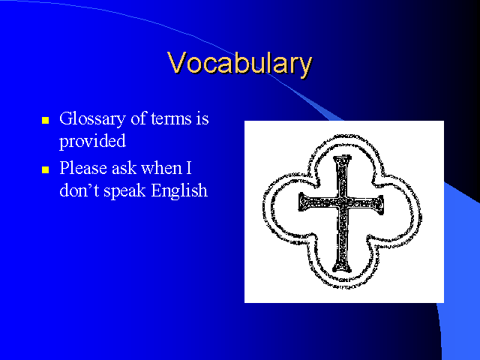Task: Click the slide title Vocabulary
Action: pos(240,63)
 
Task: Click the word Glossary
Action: pos(92,118)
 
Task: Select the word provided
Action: pos(92,141)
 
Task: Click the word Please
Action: pos(83,168)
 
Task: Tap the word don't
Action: pos(79,190)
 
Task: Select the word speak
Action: pos(124,191)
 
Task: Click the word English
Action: pos(179,191)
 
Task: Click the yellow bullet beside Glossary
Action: pos(45,120)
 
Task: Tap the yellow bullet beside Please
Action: pos(45,169)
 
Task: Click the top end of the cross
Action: pos(342,157)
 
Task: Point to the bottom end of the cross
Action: pos(342,271)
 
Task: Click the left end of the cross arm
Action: pos(300,202)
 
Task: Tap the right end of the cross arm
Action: pos(382,205)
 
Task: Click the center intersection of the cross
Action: pos(342,203)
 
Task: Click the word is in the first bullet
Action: pos(202,118)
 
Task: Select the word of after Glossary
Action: pos(139,118)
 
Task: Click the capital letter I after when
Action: pos(188,168)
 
